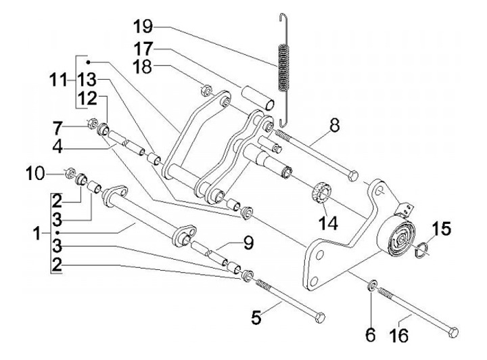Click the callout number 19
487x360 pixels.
point(143,28)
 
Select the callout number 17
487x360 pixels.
point(143,49)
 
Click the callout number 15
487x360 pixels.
point(440,229)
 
